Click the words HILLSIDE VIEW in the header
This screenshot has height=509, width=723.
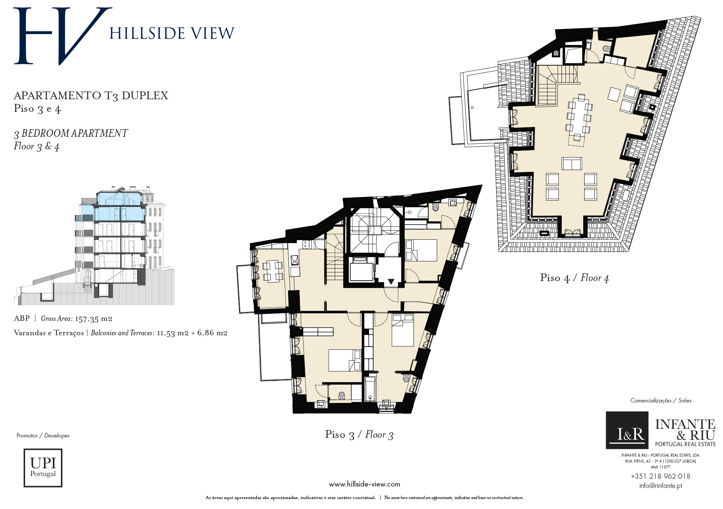[x=172, y=34]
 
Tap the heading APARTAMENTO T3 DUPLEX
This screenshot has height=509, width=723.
[x=91, y=96]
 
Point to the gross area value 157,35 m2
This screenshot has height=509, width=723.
[x=93, y=319]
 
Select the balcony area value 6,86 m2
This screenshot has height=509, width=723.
[x=212, y=333]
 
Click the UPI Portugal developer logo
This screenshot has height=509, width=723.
[x=43, y=468]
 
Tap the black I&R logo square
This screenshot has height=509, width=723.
[x=627, y=430]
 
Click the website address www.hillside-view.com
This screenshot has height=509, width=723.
[x=364, y=484]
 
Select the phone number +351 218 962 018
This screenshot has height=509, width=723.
[x=660, y=476]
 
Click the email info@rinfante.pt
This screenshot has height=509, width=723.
[x=661, y=486]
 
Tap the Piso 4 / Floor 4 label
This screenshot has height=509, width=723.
[x=574, y=278]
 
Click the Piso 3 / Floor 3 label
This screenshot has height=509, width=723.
[x=359, y=435]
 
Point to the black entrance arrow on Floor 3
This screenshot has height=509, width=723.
[x=391, y=282]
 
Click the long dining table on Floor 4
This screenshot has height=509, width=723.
[x=579, y=117]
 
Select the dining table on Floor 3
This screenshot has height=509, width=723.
[x=273, y=271]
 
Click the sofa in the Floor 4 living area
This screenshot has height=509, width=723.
[x=572, y=163]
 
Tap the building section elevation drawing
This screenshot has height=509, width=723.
[x=94, y=246]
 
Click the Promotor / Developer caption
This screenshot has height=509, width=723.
[x=43, y=436]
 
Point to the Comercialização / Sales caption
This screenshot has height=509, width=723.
[x=661, y=401]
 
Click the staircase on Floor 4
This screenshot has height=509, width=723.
[x=553, y=85]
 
